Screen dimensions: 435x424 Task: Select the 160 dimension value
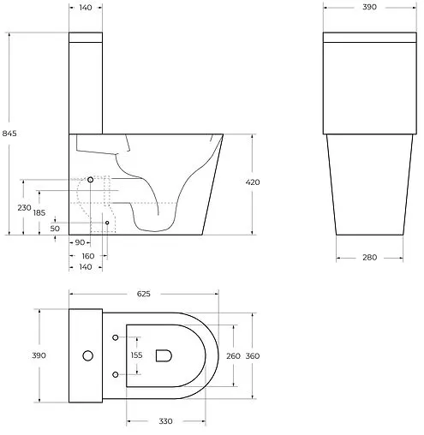click(x=88, y=255)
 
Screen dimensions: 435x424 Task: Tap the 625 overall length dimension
click(x=143, y=295)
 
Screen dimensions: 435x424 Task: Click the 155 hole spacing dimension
click(x=136, y=355)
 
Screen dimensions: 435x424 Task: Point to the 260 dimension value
click(x=231, y=355)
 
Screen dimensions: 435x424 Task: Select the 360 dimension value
click(x=253, y=355)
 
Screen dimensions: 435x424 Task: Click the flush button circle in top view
click(x=87, y=355)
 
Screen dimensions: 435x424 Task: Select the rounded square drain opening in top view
click(x=164, y=355)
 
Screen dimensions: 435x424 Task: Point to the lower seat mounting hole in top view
click(x=116, y=373)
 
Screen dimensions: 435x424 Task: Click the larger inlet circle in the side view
click(x=91, y=181)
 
